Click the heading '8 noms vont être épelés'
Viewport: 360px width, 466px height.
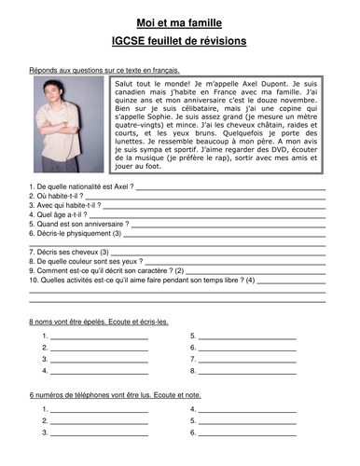click(x=99, y=322)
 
